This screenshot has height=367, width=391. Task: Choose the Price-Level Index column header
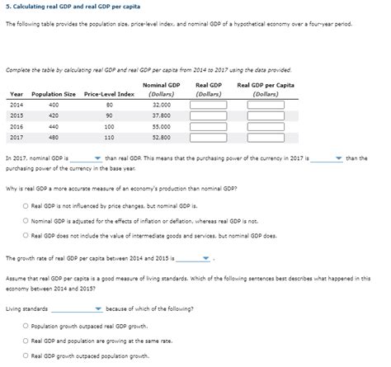pos(109,95)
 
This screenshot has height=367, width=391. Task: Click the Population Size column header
pos(54,95)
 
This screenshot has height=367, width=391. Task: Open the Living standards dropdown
pos(76,310)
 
